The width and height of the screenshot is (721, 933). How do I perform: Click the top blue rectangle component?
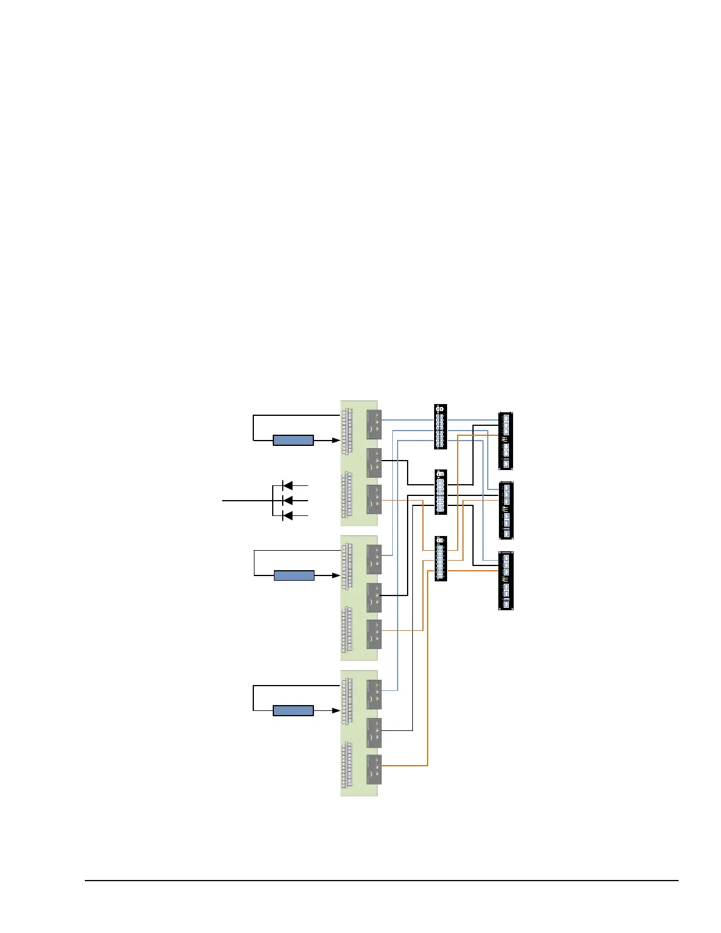(x=293, y=440)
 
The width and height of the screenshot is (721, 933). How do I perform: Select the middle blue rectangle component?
(x=294, y=575)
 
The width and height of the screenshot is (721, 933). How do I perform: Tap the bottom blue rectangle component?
(x=293, y=711)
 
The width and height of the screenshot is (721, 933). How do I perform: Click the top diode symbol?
(x=287, y=486)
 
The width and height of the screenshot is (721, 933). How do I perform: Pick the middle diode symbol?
(x=287, y=501)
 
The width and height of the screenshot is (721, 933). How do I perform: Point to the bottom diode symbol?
(x=287, y=515)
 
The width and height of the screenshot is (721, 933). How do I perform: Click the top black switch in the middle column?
(x=440, y=426)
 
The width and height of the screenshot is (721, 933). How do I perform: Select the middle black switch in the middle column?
(x=440, y=492)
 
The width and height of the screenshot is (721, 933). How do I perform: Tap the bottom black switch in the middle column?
(x=440, y=558)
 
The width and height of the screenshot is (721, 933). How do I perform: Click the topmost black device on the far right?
(x=506, y=441)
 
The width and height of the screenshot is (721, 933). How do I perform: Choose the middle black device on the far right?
(x=506, y=510)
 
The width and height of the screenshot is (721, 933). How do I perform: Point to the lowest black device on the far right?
(x=506, y=581)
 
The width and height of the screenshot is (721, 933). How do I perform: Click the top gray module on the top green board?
(x=373, y=424)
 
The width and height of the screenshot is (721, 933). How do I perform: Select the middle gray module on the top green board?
(x=373, y=463)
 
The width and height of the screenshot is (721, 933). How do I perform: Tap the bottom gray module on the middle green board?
(x=373, y=634)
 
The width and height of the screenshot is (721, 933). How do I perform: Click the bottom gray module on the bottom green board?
(x=373, y=769)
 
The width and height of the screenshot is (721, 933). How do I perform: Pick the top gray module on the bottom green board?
(x=373, y=694)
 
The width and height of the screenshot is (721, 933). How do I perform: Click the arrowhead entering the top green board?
(x=337, y=440)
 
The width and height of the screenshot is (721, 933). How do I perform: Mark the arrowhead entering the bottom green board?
(x=337, y=711)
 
